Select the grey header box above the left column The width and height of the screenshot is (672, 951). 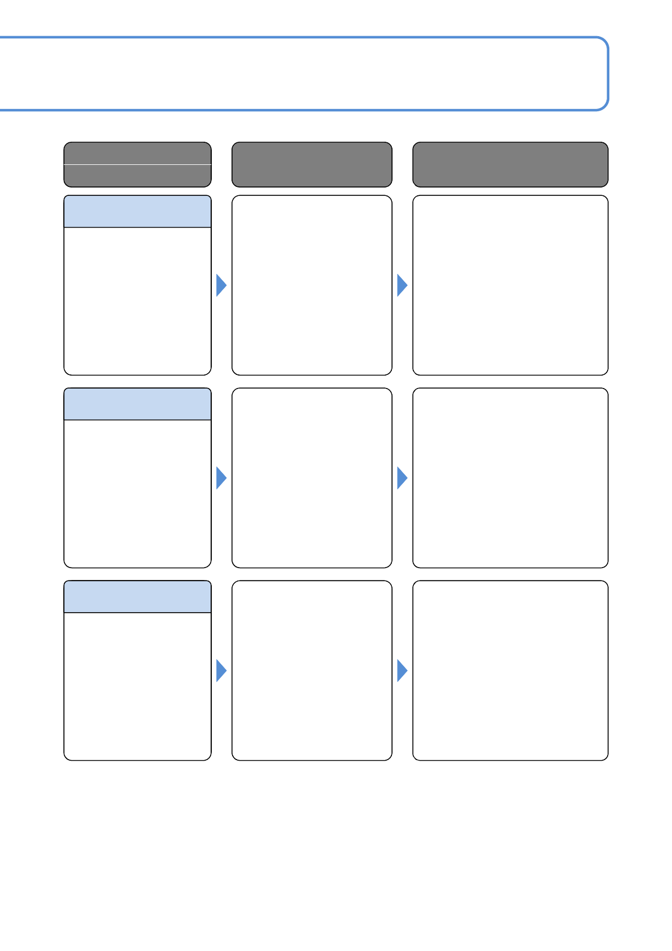coord(137,164)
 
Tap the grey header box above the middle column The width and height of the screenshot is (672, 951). coord(312,164)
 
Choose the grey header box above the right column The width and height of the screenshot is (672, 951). coord(510,164)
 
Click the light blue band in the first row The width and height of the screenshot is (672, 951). coord(137,212)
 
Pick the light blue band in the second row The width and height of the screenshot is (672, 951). coord(137,404)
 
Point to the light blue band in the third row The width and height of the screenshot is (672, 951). coord(137,597)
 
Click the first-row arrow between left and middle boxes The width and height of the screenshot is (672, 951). coord(221,285)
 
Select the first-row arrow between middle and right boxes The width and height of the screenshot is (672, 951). coord(402,285)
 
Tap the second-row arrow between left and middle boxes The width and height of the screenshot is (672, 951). coord(221,478)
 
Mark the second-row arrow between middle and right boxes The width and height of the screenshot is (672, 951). coord(402,478)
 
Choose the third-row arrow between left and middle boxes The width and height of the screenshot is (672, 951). coord(221,670)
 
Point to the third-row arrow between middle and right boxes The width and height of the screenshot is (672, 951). coord(402,670)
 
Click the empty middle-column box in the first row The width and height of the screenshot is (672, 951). coord(312,285)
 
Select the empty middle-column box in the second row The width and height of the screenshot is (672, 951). coord(312,478)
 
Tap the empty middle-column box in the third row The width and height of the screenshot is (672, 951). coord(312,670)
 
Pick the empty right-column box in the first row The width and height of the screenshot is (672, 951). coord(510,285)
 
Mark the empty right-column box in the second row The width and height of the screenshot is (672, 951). coord(510,478)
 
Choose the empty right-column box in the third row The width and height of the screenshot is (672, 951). coord(510,670)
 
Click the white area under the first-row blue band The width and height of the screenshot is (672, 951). coord(137,301)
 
